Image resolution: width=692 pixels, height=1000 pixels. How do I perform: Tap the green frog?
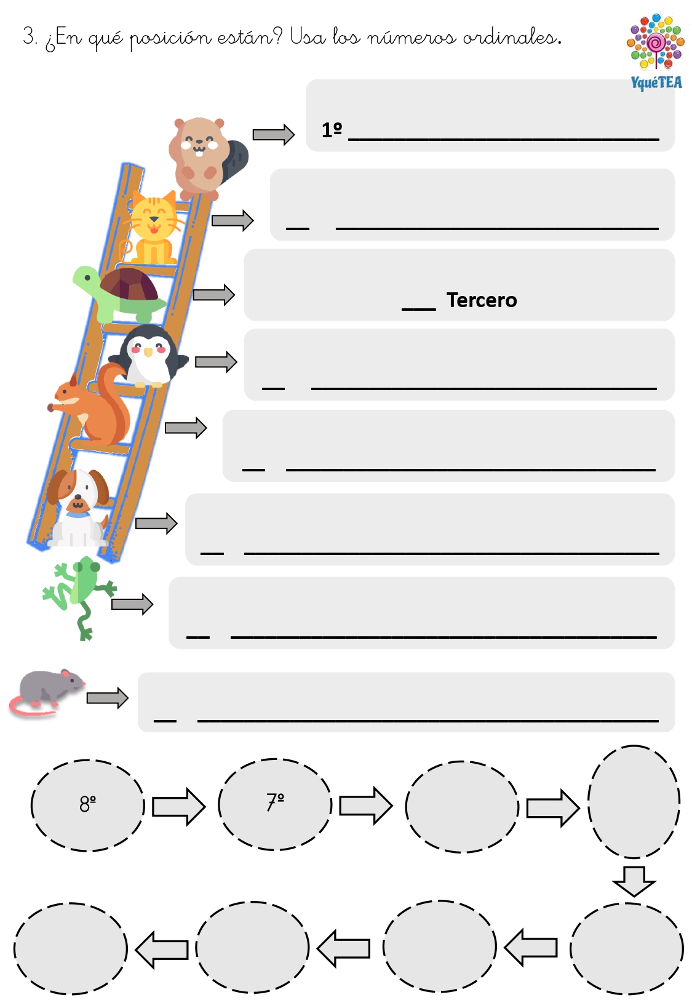click(81, 596)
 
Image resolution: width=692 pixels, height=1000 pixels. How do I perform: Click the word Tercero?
click(482, 300)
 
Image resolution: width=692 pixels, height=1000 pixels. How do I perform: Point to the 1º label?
click(332, 130)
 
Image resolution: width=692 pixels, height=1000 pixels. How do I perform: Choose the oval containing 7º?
click(275, 804)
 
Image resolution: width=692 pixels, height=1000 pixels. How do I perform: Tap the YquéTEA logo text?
click(656, 82)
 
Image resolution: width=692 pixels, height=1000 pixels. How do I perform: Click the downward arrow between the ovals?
click(634, 882)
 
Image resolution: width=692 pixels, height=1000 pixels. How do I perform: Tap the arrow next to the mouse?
click(107, 698)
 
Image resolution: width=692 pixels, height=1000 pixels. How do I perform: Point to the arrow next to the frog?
click(132, 604)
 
